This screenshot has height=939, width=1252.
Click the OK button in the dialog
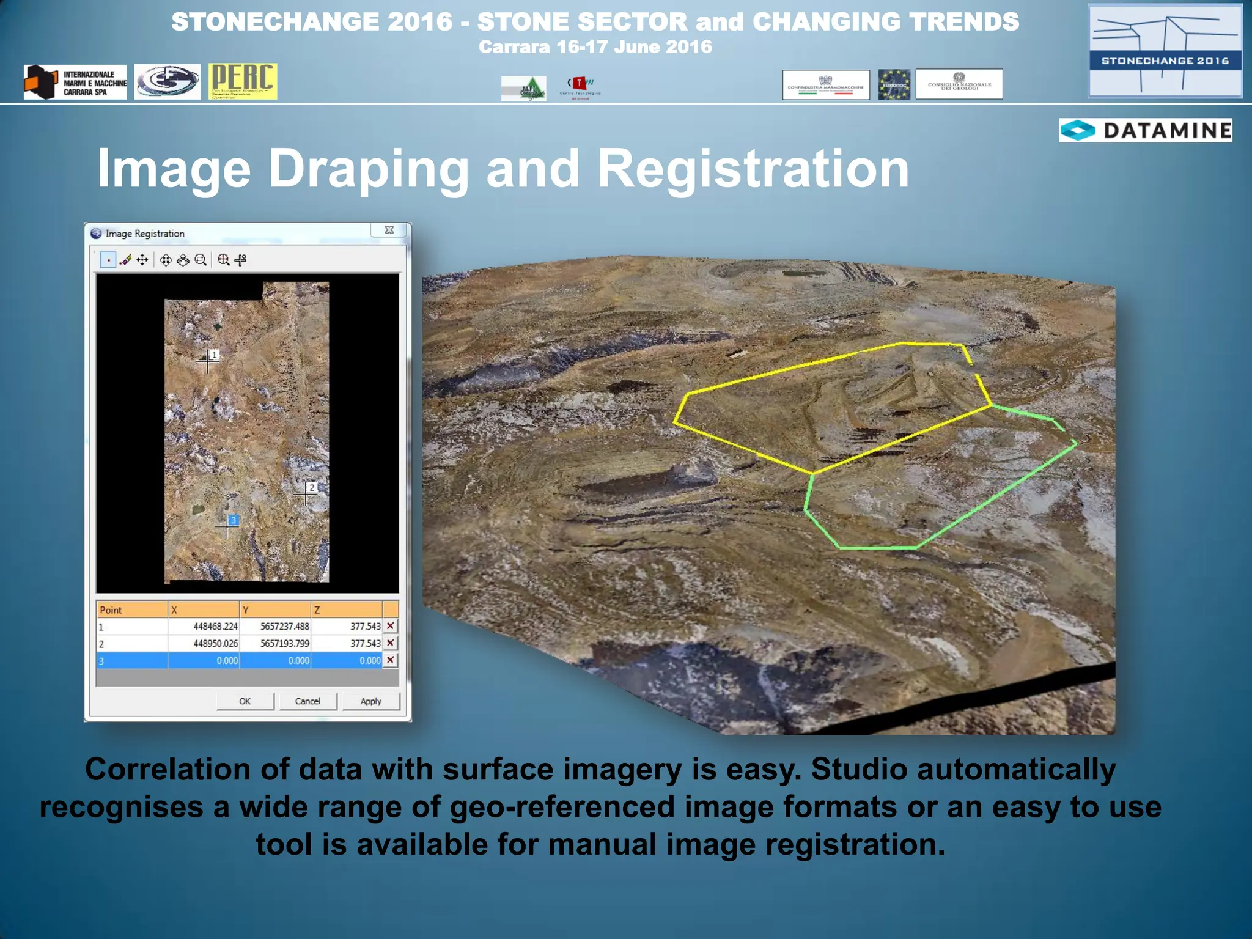(245, 701)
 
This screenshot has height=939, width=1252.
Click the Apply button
(370, 701)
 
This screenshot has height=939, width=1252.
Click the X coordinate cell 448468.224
(204, 627)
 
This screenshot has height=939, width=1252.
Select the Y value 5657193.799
(276, 644)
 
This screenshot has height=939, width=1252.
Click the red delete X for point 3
(390, 660)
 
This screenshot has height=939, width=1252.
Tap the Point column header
(131, 610)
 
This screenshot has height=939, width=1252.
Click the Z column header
(347, 610)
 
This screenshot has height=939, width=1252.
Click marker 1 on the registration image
(213, 355)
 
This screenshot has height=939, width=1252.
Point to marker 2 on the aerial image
(311, 488)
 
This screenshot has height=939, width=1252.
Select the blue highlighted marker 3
(233, 521)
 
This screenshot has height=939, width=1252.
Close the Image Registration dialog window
(389, 230)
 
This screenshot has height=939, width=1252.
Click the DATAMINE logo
(1145, 130)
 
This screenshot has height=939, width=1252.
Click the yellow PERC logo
(242, 81)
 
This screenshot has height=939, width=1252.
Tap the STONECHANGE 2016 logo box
(1165, 51)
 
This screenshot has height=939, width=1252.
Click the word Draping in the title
(369, 169)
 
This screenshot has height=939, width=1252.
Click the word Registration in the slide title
(753, 169)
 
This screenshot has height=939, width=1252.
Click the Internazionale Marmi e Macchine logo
(75, 83)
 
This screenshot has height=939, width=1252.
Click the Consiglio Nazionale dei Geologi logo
(959, 84)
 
